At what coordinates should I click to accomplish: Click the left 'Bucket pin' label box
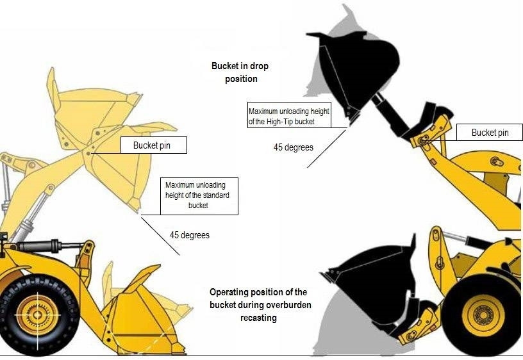[x=154, y=145]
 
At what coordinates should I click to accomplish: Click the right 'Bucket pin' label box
[x=490, y=133]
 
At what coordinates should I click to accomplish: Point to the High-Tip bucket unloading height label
[x=288, y=117]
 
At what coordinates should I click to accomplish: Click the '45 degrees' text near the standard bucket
[x=189, y=235]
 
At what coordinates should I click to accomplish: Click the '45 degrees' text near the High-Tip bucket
[x=293, y=147]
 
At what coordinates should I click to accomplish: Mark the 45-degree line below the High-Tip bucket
[x=327, y=148]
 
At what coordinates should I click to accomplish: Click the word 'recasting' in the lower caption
[x=260, y=318]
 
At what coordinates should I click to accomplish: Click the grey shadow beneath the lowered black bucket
[x=346, y=320]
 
